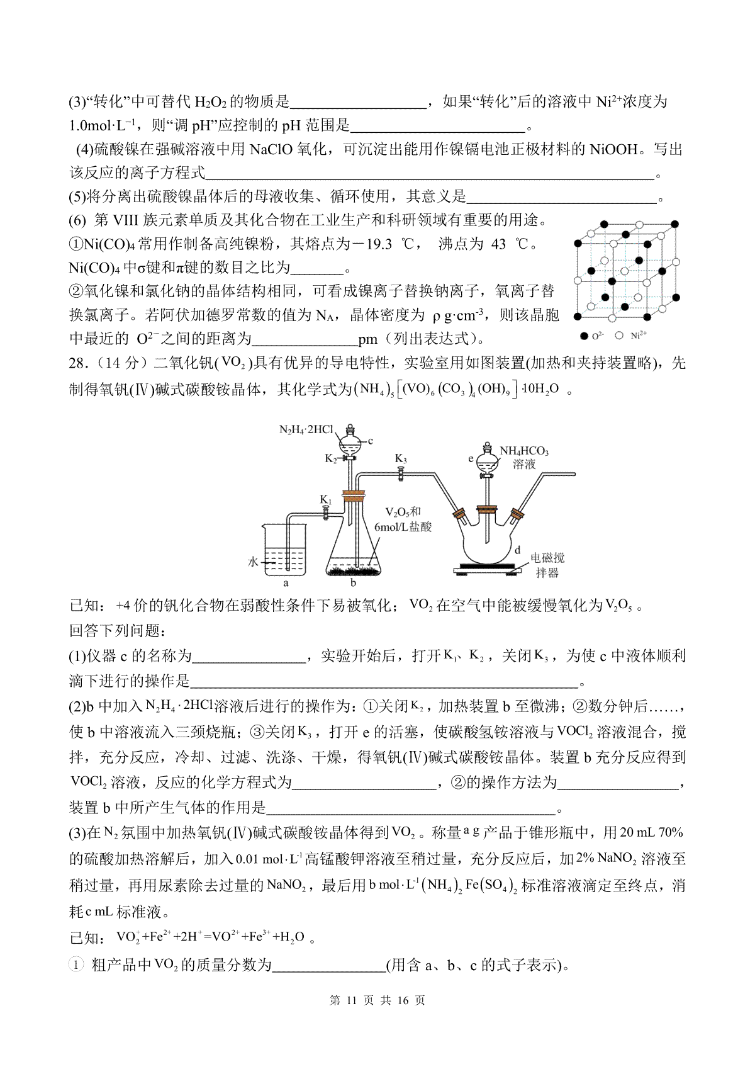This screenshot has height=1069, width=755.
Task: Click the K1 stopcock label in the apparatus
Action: coord(325,500)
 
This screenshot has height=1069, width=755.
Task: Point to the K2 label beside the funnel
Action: coord(331,458)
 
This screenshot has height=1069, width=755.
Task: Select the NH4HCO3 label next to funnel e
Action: coord(524,451)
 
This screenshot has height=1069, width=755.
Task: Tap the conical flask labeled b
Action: coord(353,541)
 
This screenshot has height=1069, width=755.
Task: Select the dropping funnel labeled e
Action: coord(486,460)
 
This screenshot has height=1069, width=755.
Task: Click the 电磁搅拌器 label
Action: coord(547,565)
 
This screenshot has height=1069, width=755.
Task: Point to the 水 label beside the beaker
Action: coord(253,562)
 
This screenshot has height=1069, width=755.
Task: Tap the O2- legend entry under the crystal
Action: coord(592,336)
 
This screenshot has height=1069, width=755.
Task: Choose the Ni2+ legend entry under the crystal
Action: coord(633,336)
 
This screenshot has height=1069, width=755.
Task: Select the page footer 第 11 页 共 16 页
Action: coord(377,1000)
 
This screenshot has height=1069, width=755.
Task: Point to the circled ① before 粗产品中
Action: coord(75,964)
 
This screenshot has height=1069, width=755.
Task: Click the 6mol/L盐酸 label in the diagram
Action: coord(403,527)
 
